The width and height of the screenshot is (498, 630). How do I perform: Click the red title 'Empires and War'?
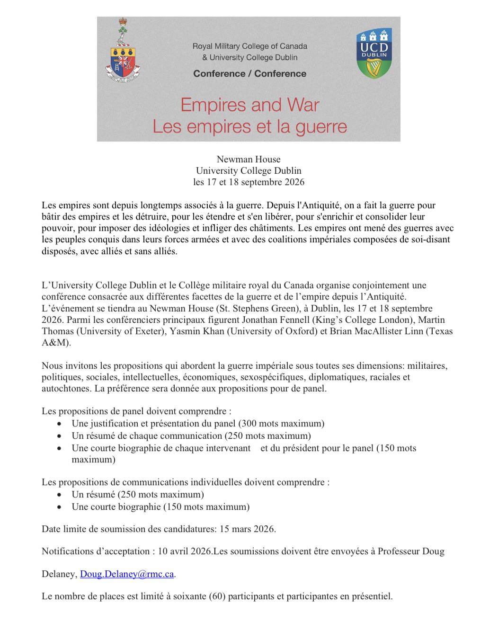click(249, 105)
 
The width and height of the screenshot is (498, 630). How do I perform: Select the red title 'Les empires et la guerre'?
click(249, 126)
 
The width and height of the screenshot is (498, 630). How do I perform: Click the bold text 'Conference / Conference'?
click(249, 73)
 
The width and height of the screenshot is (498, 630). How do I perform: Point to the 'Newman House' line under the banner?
click(249, 160)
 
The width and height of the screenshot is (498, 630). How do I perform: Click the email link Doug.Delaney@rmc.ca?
click(127, 574)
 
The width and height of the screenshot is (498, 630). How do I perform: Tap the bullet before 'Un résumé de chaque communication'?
click(59, 436)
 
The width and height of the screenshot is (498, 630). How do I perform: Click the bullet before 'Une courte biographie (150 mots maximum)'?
click(59, 507)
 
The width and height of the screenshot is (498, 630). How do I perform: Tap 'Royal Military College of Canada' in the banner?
click(249, 46)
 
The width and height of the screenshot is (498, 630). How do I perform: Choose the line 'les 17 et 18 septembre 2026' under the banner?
click(249, 182)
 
